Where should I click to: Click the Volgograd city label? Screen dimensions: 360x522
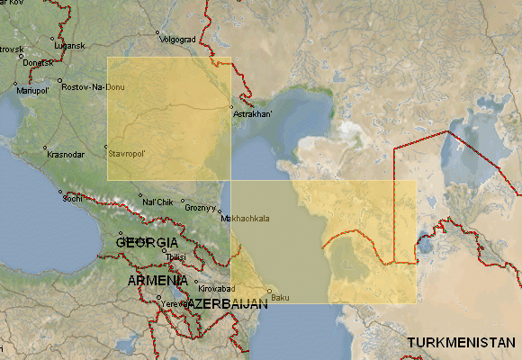coord(177,40)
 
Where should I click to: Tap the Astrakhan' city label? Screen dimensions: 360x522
coord(252,114)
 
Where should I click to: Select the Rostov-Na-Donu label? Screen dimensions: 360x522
coord(93,86)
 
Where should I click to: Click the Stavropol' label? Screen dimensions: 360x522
coord(127,154)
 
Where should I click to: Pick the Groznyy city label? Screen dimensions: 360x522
coord(202,206)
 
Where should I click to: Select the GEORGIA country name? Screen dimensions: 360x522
coord(148,243)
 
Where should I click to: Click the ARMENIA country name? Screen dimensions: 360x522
coord(157,280)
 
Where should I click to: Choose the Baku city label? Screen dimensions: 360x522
coord(280,297)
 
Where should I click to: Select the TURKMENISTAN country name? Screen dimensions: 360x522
coord(462,343)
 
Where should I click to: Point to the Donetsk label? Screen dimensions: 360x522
coord(39,62)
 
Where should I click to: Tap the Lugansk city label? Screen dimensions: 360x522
coord(69,45)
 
